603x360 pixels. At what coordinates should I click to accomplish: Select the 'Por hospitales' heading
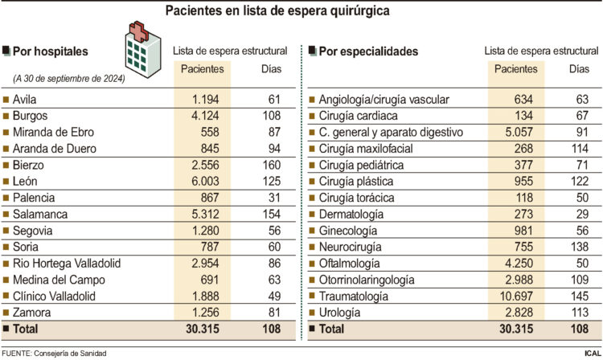coord(50,51)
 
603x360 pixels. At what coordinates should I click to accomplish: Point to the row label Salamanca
coord(40,215)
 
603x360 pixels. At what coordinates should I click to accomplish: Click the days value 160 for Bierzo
coord(271,165)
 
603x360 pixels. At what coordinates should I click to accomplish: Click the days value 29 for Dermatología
coord(579,215)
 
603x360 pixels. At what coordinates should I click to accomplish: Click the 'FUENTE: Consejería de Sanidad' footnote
coord(54,353)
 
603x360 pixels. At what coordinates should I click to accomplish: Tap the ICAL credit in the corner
coord(592,353)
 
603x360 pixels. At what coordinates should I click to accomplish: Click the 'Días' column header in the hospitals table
coord(271,69)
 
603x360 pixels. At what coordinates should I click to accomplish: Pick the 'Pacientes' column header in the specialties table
coord(516,69)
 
